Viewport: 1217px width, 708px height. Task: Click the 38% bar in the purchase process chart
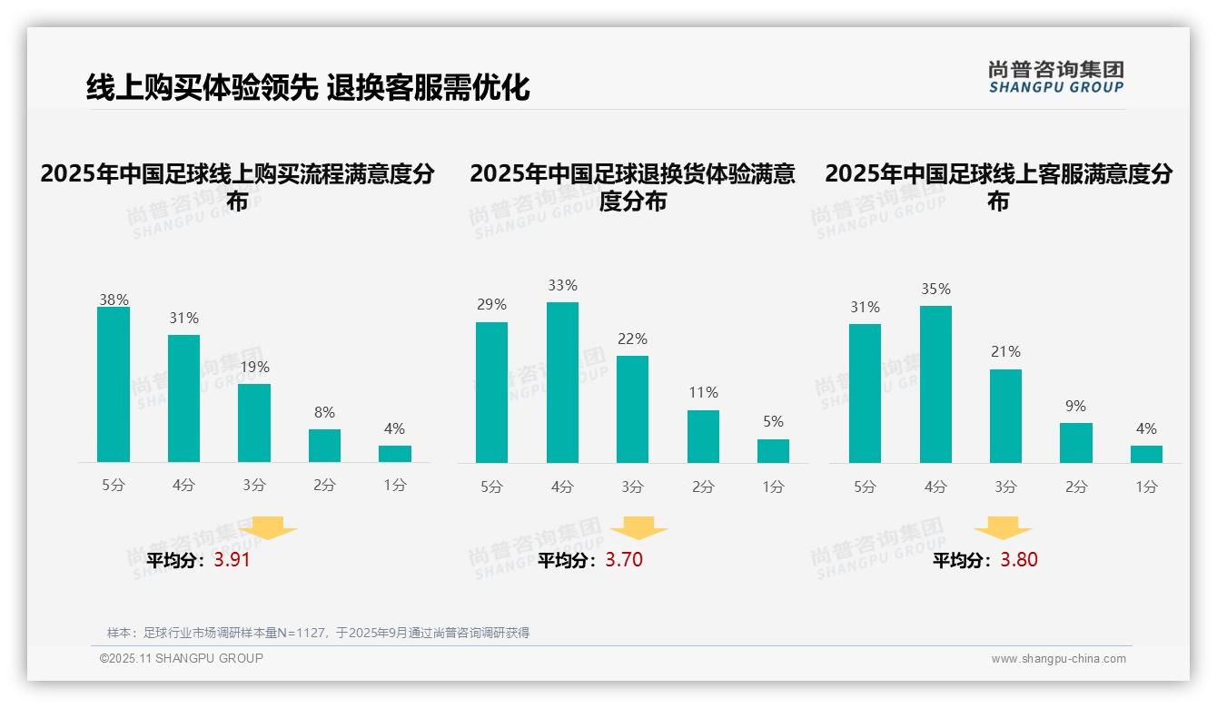tap(114, 385)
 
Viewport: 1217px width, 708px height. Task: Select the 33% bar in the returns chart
tap(562, 382)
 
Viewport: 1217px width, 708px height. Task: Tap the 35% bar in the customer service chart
tap(935, 384)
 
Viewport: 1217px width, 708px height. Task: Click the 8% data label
tap(324, 411)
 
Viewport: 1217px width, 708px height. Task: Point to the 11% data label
tap(703, 392)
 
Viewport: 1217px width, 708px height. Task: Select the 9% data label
tap(1075, 406)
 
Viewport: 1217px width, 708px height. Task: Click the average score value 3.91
tap(232, 560)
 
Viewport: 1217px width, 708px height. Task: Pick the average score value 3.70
tap(624, 560)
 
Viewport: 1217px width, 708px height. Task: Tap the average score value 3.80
tap(1019, 560)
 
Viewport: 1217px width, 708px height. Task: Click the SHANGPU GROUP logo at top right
tap(1055, 77)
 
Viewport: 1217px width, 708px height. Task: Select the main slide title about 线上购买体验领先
tap(308, 87)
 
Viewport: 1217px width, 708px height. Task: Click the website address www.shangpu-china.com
tap(1058, 659)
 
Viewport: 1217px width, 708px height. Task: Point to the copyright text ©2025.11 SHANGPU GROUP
tap(181, 658)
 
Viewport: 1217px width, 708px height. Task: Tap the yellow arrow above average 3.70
tap(639, 527)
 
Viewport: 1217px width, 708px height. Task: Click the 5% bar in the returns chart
tap(773, 451)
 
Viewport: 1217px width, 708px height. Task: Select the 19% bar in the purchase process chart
tap(254, 423)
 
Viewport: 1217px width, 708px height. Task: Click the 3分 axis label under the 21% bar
tap(1005, 487)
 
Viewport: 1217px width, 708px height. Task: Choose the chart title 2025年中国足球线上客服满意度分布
tap(998, 187)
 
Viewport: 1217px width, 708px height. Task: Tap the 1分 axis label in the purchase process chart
tap(395, 486)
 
